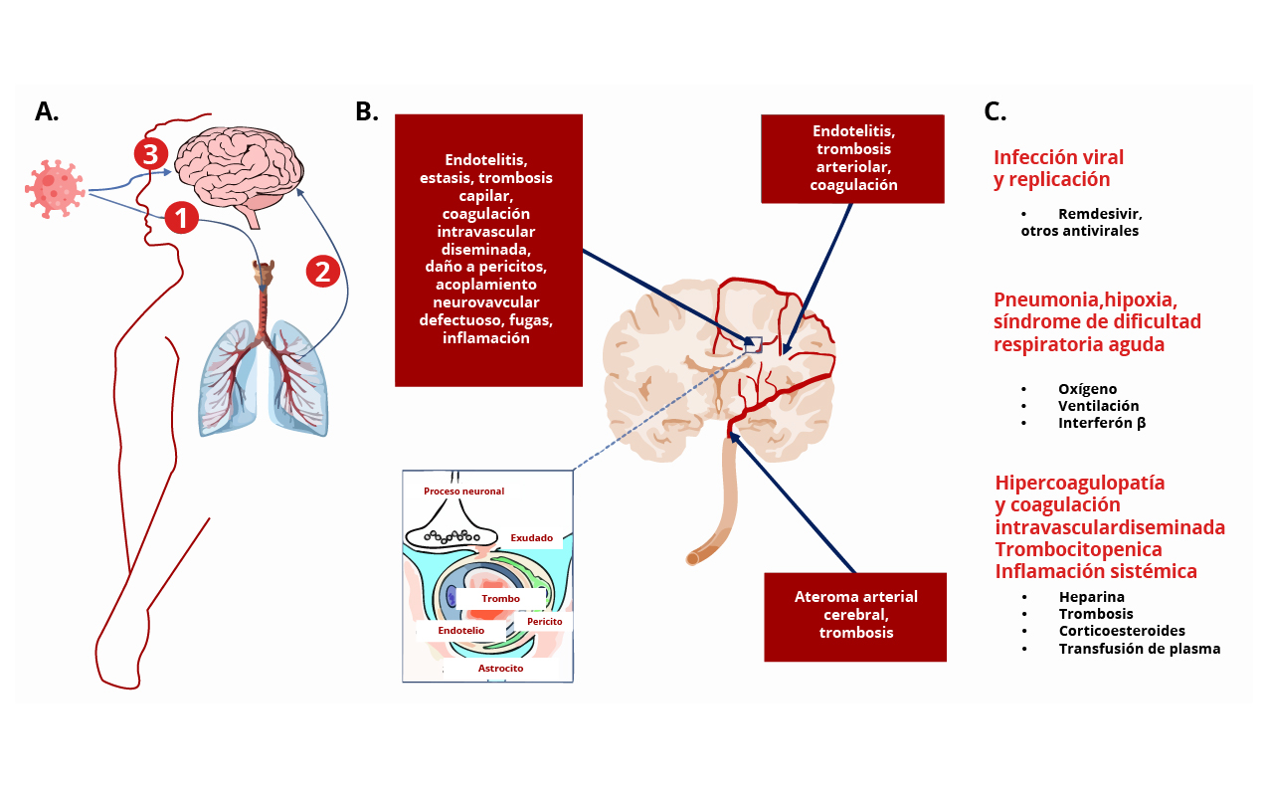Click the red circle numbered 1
click(x=182, y=218)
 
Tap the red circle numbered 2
click(x=322, y=271)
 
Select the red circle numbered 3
click(x=150, y=154)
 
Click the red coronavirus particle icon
click(x=55, y=189)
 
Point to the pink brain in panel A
click(x=239, y=173)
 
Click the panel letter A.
click(x=47, y=111)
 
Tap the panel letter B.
click(x=367, y=111)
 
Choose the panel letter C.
click(x=996, y=111)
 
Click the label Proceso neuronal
click(x=463, y=492)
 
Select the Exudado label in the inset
click(x=531, y=537)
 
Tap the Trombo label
click(x=500, y=598)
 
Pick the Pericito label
click(x=545, y=622)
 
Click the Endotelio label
click(x=460, y=631)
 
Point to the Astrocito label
click(x=500, y=669)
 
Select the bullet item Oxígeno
click(x=1087, y=389)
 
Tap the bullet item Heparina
click(x=1091, y=597)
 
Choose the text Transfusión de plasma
click(x=1140, y=649)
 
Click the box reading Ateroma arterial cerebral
click(x=854, y=617)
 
